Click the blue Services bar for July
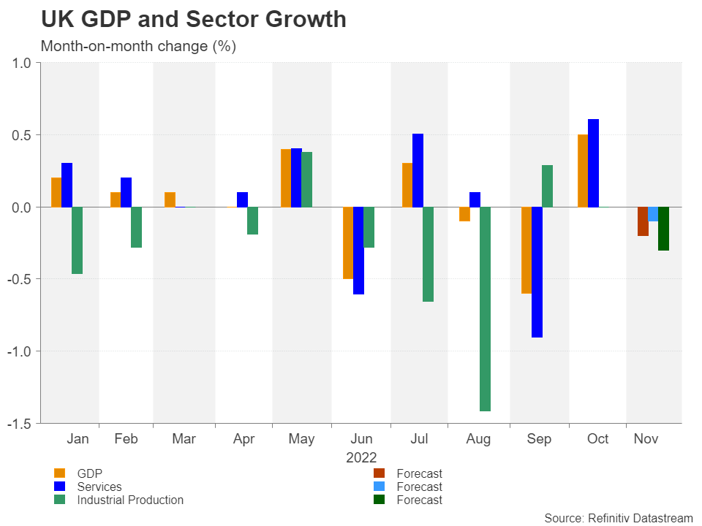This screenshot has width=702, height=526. pyautogui.click(x=418, y=170)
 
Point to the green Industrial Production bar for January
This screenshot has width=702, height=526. pyautogui.click(x=77, y=240)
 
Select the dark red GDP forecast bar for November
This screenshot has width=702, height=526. pyautogui.click(x=642, y=221)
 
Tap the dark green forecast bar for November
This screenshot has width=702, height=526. pyautogui.click(x=663, y=229)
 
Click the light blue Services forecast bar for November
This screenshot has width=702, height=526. pyautogui.click(x=653, y=214)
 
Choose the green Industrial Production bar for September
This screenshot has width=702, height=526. pyautogui.click(x=547, y=186)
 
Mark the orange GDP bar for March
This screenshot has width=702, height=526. pyautogui.click(x=170, y=199)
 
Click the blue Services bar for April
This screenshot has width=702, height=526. pyautogui.click(x=242, y=199)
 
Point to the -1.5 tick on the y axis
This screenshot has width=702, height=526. pyautogui.click(x=20, y=423)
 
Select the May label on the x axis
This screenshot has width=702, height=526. pyautogui.click(x=301, y=439)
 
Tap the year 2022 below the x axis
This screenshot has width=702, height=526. pyautogui.click(x=361, y=458)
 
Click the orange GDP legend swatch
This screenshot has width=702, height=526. pyautogui.click(x=59, y=473)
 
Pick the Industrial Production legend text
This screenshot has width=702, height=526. pyautogui.click(x=130, y=500)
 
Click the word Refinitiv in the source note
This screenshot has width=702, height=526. pyautogui.click(x=611, y=518)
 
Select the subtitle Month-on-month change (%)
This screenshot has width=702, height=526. pyautogui.click(x=138, y=46)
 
